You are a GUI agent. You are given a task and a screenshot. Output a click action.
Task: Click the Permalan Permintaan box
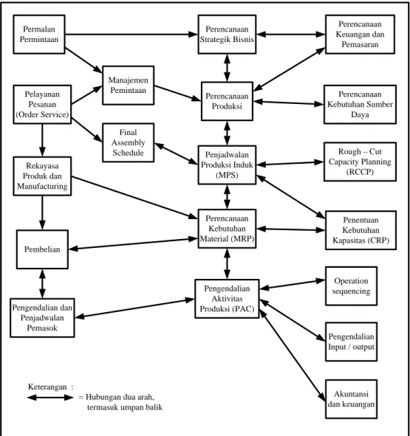pyautogui.click(x=39, y=34)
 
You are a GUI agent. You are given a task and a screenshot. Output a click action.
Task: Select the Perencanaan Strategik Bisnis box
pyautogui.click(x=227, y=34)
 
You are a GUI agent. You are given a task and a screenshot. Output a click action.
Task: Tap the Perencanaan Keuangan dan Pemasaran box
pyautogui.click(x=360, y=34)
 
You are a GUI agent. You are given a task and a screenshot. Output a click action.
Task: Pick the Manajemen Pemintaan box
pyautogui.click(x=128, y=86)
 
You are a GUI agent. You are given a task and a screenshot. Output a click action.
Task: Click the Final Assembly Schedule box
pyautogui.click(x=128, y=142)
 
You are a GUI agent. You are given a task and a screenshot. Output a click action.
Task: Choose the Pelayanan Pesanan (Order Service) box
pyautogui.click(x=42, y=104)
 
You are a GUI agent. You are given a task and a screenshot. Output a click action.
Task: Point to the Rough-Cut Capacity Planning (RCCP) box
pyautogui.click(x=360, y=162)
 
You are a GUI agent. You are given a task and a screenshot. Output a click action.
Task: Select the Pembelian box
pyautogui.click(x=42, y=249)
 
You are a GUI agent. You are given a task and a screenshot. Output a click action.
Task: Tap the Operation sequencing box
pyautogui.click(x=351, y=286)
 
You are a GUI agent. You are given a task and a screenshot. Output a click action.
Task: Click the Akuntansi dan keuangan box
pyautogui.click(x=351, y=398)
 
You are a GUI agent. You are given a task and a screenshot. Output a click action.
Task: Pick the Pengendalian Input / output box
pyautogui.click(x=351, y=342)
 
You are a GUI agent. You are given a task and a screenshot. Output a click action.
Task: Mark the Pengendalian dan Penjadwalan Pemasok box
pyautogui.click(x=42, y=318)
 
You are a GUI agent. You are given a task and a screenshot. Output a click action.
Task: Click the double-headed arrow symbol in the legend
pyautogui.click(x=50, y=398)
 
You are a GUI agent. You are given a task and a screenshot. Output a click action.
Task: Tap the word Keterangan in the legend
pyautogui.click(x=47, y=387)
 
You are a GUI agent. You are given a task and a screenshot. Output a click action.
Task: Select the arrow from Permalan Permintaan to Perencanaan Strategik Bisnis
pyautogui.click(x=131, y=34)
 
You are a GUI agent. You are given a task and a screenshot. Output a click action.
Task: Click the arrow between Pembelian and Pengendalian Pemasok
pyautogui.click(x=42, y=283)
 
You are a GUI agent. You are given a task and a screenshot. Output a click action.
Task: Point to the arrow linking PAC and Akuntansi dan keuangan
pyautogui.click(x=293, y=356)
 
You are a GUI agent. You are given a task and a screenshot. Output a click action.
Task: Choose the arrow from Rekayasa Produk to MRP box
pyautogui.click(x=134, y=198)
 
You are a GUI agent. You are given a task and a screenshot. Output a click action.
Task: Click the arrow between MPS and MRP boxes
pyautogui.click(x=227, y=197)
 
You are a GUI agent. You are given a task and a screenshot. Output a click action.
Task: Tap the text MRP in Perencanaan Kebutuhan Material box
pyautogui.click(x=242, y=239)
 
